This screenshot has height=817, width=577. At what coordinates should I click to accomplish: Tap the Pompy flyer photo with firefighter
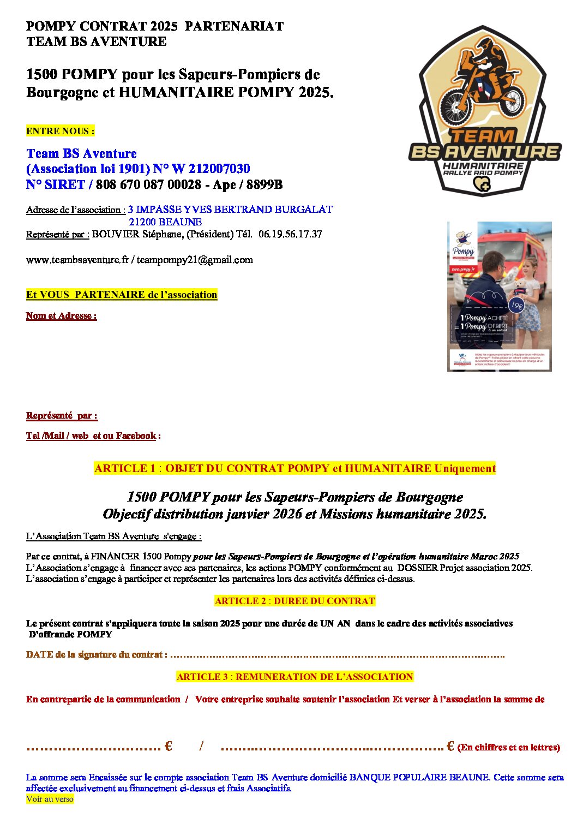click(499, 296)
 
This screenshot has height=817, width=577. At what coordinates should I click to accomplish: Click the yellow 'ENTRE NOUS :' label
click(60, 131)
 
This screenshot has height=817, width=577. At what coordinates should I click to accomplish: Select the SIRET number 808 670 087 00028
click(148, 184)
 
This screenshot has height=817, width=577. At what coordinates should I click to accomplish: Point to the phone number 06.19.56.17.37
click(290, 234)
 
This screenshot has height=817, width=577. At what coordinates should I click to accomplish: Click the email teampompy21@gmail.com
click(195, 260)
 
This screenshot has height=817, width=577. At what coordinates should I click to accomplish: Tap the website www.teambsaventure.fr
click(77, 260)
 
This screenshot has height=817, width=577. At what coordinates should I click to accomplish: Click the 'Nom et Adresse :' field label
click(62, 316)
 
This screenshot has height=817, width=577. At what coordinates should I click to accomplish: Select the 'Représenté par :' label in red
click(62, 416)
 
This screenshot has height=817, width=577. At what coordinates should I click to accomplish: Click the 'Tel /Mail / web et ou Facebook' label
click(91, 436)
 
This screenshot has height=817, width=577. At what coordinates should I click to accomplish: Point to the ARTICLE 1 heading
click(294, 468)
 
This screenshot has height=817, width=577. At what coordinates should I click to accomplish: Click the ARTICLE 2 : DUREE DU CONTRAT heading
click(294, 601)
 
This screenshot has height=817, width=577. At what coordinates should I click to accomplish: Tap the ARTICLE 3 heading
click(294, 677)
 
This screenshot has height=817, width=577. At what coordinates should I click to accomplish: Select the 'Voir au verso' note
click(50, 799)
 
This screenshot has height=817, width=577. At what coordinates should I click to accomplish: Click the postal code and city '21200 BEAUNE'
click(165, 222)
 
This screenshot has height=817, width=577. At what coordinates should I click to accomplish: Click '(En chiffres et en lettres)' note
click(508, 748)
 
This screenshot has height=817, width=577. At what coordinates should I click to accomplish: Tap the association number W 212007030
click(211, 169)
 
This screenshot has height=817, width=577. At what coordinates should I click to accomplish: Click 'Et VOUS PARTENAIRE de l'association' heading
click(122, 295)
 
